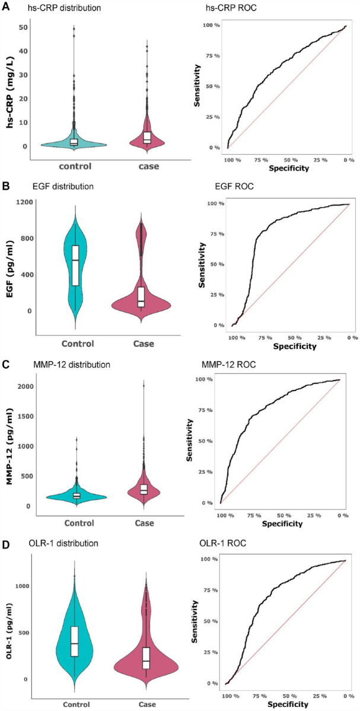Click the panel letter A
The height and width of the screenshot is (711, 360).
6,7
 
